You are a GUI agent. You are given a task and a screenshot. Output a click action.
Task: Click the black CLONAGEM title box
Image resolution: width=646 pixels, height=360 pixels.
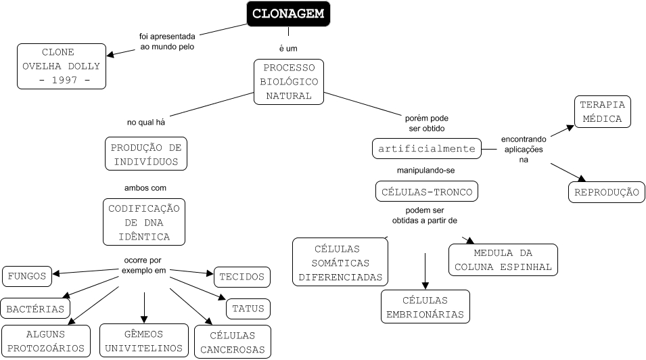[288, 13]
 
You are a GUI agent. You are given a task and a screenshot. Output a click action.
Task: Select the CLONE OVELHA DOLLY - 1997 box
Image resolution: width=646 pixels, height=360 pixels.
[62, 66]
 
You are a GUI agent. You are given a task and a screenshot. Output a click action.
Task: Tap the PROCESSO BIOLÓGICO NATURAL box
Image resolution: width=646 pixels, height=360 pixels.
[289, 82]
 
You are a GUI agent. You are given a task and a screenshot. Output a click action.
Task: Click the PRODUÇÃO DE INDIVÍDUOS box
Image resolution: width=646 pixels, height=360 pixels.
[146, 154]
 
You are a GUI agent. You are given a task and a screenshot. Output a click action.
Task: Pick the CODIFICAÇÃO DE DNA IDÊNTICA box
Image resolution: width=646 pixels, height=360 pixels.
[145, 222]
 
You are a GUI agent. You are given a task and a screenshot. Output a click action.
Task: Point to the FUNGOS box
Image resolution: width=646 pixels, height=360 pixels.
[28, 275]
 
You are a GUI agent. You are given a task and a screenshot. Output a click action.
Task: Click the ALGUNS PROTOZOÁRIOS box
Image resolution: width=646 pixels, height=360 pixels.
[46, 341]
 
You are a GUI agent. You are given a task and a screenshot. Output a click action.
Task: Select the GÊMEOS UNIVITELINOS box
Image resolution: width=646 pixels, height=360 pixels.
[144, 341]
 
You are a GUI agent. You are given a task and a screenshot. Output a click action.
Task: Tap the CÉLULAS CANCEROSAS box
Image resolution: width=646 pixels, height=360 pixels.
[233, 342]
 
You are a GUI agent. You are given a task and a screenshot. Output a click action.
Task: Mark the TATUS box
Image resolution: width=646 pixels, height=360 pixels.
[248, 309]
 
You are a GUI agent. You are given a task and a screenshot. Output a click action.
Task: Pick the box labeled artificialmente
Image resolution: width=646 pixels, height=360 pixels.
[426, 148]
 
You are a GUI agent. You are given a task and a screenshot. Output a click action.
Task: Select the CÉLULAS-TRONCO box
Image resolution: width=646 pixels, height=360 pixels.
[426, 192]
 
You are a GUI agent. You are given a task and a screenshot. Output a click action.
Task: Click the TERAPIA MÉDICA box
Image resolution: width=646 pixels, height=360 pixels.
[602, 112]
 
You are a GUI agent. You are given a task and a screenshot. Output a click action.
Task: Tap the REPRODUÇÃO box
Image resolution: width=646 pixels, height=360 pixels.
[605, 192]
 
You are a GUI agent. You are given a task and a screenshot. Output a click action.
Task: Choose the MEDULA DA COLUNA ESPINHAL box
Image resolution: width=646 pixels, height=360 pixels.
[503, 260]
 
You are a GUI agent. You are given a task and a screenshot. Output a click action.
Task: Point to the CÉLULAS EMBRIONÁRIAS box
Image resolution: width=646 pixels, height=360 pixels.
[425, 307]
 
